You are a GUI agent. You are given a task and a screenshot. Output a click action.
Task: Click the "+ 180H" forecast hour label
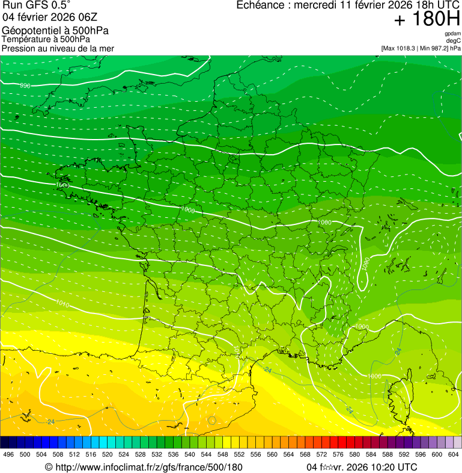pyautogui.click(x=427, y=19)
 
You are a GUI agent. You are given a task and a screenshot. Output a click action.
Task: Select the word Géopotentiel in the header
pyautogui.click(x=28, y=31)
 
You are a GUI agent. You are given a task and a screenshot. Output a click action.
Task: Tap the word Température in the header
pyautogui.click(x=24, y=39)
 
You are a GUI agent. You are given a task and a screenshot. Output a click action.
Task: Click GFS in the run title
pyautogui.click(x=32, y=5)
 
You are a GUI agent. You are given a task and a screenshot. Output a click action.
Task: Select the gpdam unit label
pyautogui.click(x=452, y=34)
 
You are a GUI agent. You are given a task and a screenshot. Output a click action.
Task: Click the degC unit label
pyautogui.click(x=454, y=41)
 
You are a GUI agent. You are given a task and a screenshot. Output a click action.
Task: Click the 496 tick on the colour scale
pyautogui.click(x=8, y=454)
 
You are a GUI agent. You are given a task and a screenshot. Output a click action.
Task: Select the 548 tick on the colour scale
pyautogui.click(x=222, y=454)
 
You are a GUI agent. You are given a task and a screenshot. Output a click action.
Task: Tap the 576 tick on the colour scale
pyautogui.click(x=338, y=454)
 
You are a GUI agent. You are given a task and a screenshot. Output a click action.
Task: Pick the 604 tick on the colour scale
pyautogui.click(x=454, y=454)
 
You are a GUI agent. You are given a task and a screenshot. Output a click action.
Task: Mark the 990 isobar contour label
pyautogui.click(x=25, y=86)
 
